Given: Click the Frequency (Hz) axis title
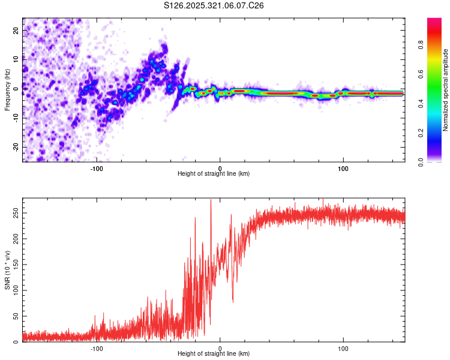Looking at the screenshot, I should coord(7,90).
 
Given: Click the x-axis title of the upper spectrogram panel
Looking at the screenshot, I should coord(214,174).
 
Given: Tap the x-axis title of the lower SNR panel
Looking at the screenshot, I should coord(214,354).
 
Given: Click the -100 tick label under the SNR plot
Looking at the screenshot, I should coord(97,348).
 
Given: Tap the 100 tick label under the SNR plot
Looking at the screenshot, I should coord(343,348).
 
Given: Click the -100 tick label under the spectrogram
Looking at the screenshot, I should coord(97,168).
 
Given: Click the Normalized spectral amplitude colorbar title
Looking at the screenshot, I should coord(446,90).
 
